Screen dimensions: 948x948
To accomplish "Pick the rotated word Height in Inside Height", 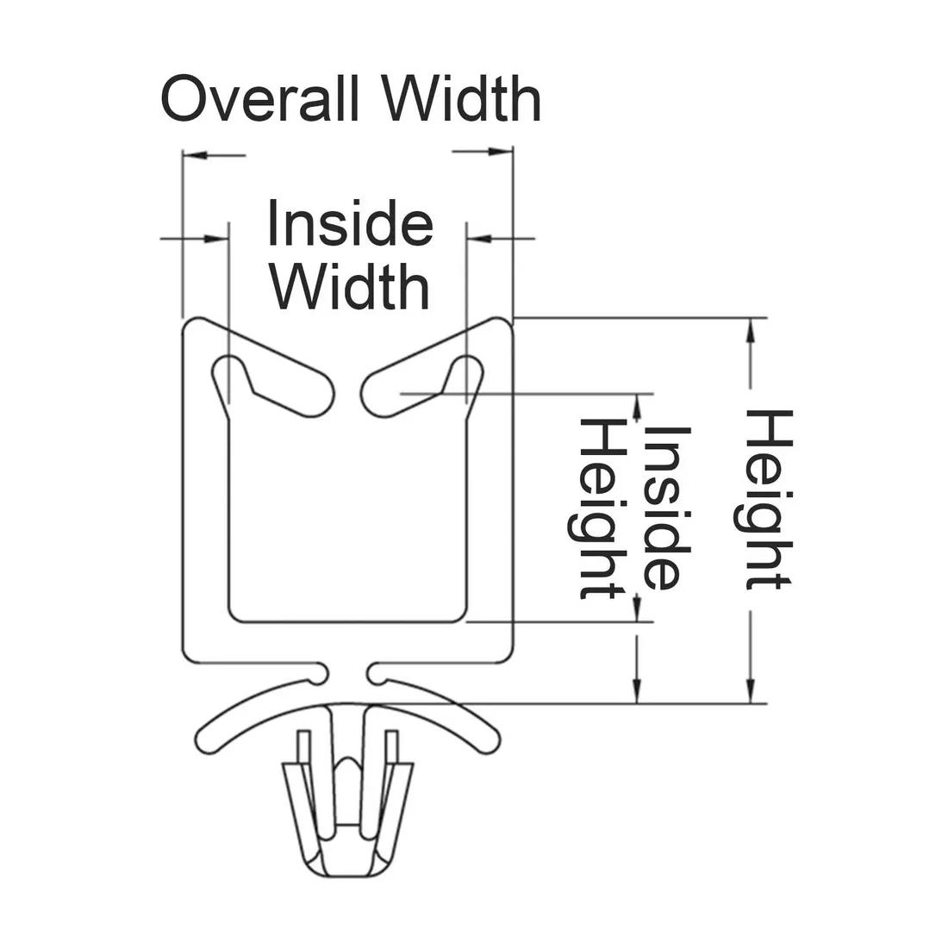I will tap(600, 508).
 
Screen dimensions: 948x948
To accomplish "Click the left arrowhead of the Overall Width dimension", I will tap(195, 156).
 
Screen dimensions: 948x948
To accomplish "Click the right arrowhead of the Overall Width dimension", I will tap(502, 152).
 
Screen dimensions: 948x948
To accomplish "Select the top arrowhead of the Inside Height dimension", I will tap(638, 405).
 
